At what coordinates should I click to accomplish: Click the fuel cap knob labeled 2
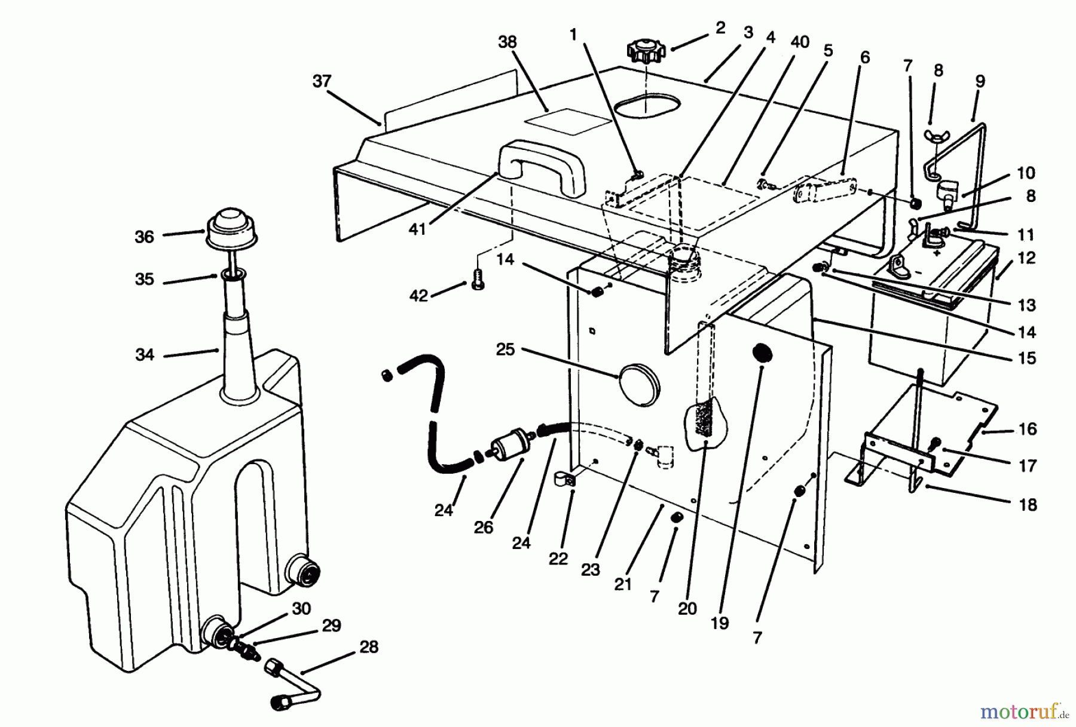(646, 50)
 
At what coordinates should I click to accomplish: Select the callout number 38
(507, 42)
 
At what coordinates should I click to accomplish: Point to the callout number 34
(145, 355)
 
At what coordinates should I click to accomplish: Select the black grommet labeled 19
(763, 352)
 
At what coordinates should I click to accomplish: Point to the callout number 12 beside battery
(1026, 258)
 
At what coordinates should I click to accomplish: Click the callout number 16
(1028, 429)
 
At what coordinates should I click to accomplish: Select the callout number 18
(1028, 505)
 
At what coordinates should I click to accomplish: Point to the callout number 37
(322, 81)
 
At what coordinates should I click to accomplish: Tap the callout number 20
(687, 609)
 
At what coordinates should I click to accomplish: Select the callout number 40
(800, 42)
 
